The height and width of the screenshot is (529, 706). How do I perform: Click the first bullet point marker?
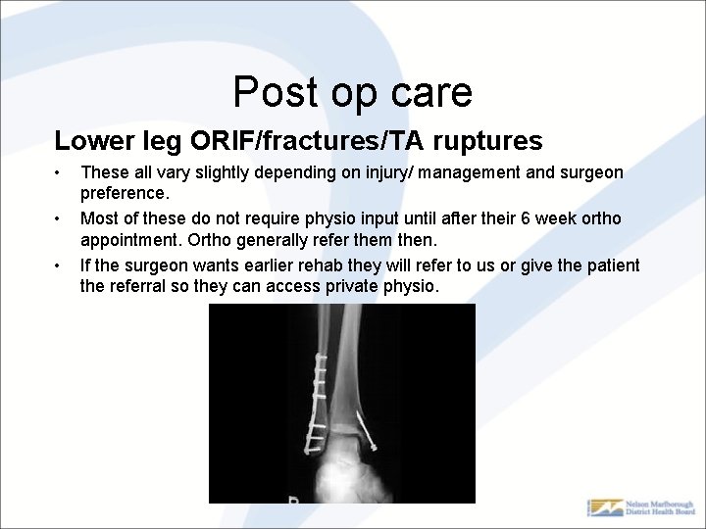click(59, 173)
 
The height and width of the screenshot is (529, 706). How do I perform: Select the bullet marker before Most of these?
click(59, 218)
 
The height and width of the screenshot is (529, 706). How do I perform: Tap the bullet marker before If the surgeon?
click(59, 265)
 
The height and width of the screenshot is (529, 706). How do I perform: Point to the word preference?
click(125, 193)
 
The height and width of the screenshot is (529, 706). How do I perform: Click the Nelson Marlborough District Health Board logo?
click(641, 507)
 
